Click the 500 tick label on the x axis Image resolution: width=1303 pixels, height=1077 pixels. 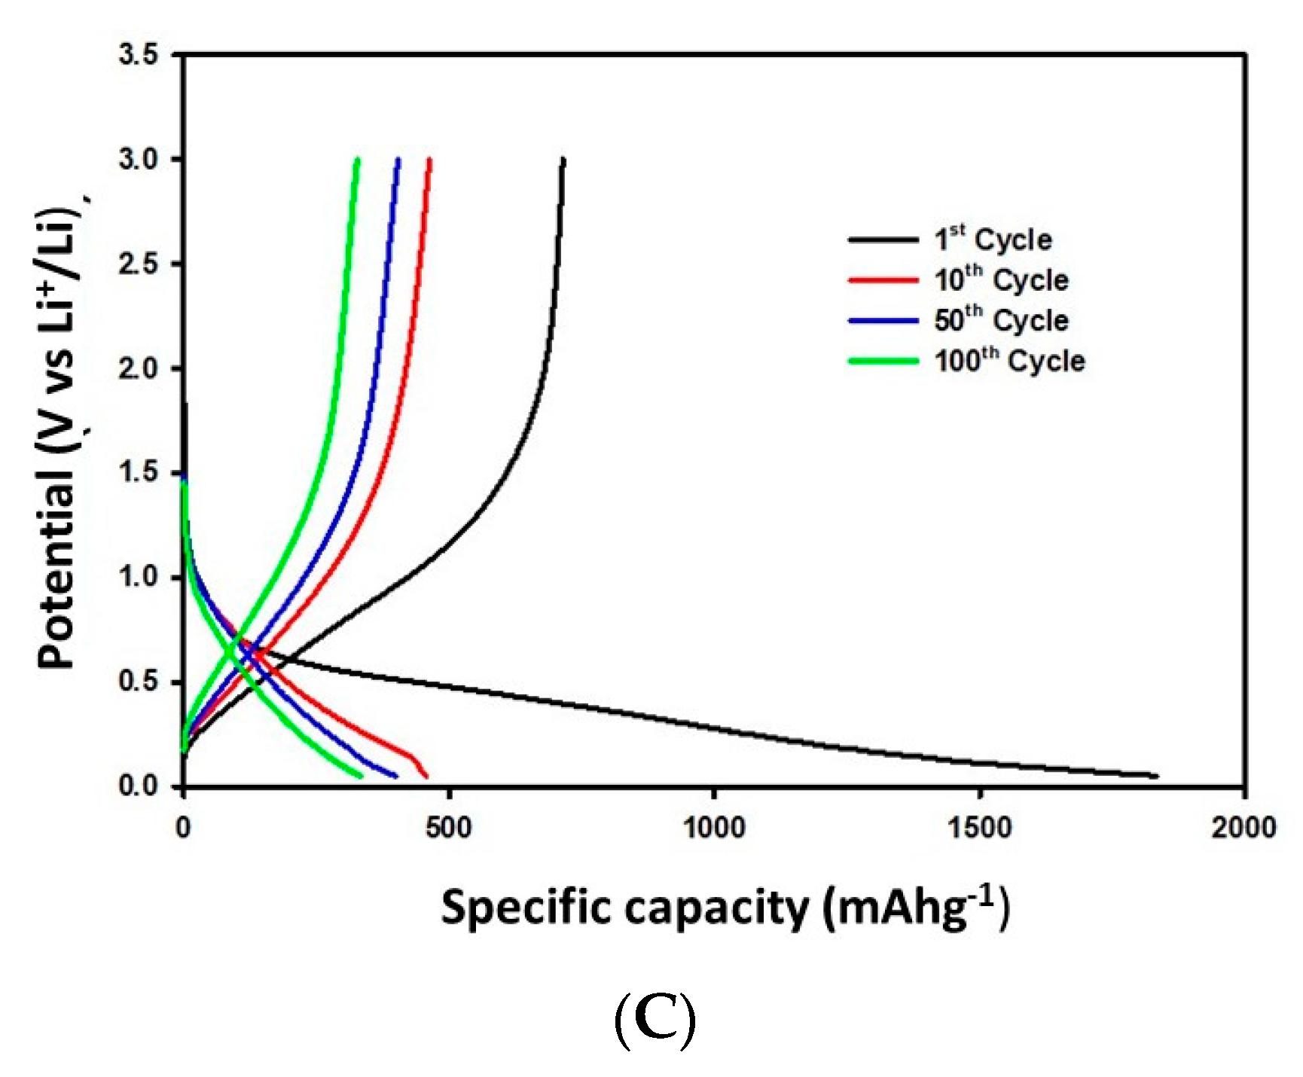448,828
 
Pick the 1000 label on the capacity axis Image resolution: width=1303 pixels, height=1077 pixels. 713,828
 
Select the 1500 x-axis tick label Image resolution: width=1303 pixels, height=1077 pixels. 979,828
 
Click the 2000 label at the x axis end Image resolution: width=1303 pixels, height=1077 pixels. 1243,828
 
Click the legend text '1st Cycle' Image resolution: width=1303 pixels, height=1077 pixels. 993,240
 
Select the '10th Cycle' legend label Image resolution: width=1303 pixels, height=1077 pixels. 1000,280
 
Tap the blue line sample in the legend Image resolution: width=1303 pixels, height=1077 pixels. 883,321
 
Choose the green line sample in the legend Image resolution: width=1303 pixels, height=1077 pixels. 883,362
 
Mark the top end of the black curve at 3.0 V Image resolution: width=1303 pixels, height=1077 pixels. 563,160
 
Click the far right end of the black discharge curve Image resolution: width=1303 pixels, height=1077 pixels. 1157,776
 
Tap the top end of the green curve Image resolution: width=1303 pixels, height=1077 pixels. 357,160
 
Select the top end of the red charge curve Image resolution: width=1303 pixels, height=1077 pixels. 429,160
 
